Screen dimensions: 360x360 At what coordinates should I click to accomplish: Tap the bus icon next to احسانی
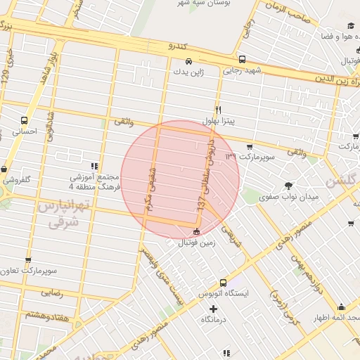[25, 120]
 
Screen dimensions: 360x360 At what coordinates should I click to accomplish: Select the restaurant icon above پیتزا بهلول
[219, 110]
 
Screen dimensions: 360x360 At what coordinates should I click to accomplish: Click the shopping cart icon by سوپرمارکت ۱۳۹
[249, 147]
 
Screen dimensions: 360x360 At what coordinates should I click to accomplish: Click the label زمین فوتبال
[195, 243]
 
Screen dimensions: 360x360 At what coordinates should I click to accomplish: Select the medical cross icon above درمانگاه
[214, 309]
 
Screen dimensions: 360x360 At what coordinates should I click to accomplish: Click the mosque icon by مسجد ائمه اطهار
[342, 307]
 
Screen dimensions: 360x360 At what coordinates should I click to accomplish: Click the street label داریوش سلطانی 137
[205, 172]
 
